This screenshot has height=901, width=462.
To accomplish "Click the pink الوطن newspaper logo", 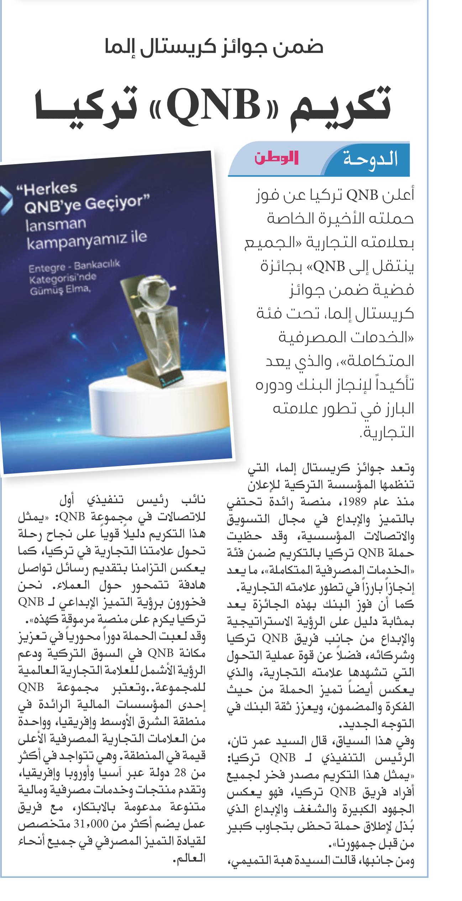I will click(276, 158).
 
